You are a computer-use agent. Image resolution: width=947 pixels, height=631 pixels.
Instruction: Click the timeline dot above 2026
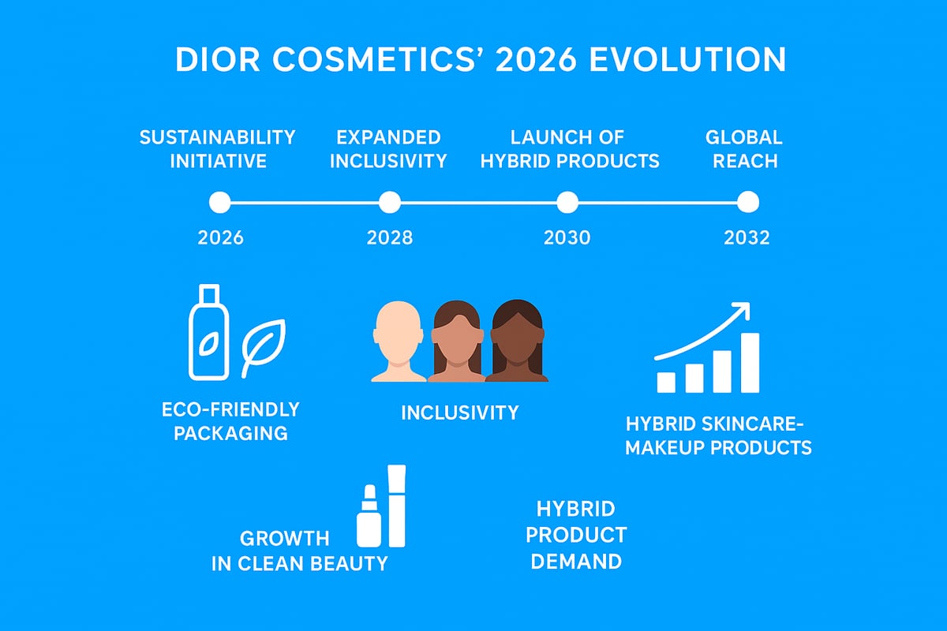(x=219, y=203)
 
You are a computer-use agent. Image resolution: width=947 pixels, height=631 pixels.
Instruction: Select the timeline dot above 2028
(x=390, y=203)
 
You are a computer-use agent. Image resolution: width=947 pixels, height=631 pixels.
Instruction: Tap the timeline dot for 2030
(x=567, y=203)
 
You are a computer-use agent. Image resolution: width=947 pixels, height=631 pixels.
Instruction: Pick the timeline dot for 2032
(x=747, y=203)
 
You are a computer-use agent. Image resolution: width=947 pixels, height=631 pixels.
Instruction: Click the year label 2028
(x=390, y=237)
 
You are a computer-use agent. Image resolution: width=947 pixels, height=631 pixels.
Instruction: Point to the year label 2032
(x=747, y=237)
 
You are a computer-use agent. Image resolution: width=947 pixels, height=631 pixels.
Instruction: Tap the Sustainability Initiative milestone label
(x=217, y=149)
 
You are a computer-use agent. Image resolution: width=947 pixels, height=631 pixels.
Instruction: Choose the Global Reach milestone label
(x=744, y=149)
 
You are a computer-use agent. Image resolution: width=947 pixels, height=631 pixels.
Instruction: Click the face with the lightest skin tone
(x=399, y=343)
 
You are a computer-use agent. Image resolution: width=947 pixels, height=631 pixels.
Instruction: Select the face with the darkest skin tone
(x=515, y=343)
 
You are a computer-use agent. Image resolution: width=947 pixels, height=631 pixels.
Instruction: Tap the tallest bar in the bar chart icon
(x=750, y=362)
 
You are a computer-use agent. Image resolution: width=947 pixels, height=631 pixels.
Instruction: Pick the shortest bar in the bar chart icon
(x=666, y=382)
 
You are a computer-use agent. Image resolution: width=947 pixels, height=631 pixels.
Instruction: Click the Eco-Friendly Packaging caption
(x=230, y=421)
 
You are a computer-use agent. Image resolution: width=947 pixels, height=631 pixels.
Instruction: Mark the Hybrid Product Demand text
(x=575, y=535)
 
